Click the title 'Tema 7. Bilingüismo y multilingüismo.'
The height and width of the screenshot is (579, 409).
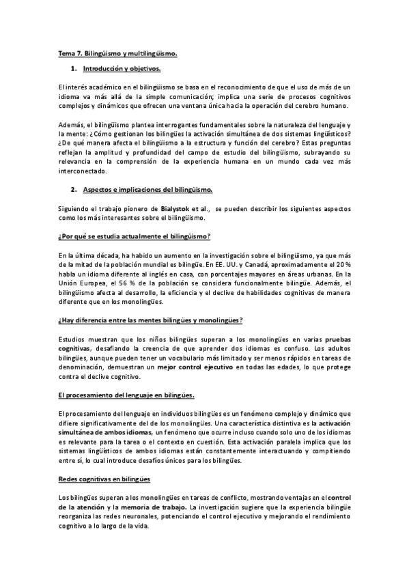point(117,52)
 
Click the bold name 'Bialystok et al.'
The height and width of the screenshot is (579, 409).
point(185,207)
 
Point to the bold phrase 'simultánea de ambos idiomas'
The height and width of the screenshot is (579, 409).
point(106,432)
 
